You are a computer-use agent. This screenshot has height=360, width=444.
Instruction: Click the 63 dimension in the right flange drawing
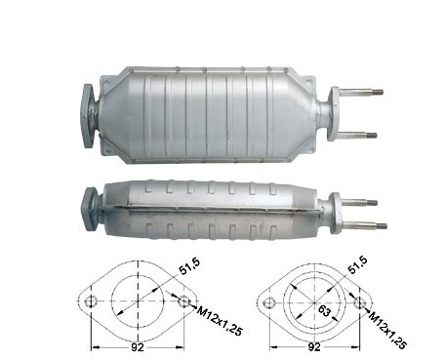(x=324, y=311)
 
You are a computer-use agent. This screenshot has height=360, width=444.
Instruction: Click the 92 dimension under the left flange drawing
(x=137, y=347)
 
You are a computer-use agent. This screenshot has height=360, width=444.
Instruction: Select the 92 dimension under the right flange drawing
(x=314, y=347)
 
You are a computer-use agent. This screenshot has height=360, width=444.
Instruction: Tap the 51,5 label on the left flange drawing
(x=189, y=266)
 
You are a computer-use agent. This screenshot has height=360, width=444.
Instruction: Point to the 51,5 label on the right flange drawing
(x=357, y=265)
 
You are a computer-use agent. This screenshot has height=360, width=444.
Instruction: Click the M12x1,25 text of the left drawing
(x=220, y=321)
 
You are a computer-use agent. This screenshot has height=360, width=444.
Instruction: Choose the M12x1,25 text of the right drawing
(x=387, y=330)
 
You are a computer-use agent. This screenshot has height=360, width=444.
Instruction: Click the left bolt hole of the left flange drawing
(x=92, y=301)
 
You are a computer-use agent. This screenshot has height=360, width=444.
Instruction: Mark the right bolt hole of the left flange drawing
(x=183, y=301)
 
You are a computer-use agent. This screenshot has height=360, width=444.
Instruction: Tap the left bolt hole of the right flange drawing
(x=268, y=303)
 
